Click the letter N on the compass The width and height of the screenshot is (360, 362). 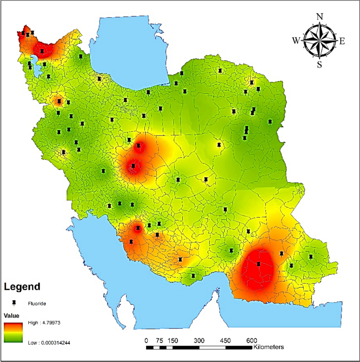click(x=320, y=17)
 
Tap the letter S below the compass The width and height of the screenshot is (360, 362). click(x=319, y=64)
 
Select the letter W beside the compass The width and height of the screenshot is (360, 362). click(x=296, y=40)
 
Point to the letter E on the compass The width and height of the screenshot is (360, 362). click(x=342, y=41)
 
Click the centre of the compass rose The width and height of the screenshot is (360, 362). click(x=319, y=40)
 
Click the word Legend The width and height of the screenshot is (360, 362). click(x=22, y=287)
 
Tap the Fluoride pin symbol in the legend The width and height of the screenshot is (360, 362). click(x=14, y=303)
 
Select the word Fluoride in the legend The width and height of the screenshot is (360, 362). click(x=37, y=304)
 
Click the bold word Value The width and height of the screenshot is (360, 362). click(x=11, y=316)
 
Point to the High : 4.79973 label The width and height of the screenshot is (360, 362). click(x=44, y=323)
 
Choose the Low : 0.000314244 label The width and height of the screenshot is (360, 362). click(x=49, y=343)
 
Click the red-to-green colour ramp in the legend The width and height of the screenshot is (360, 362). click(x=13, y=332)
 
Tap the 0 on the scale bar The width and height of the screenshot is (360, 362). click(x=146, y=341)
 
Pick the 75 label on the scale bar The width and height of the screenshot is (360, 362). click(x=159, y=341)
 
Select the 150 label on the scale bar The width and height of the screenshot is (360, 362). click(x=172, y=341)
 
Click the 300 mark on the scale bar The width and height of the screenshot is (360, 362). click(x=199, y=341)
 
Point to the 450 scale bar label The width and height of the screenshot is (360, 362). click(x=225, y=341)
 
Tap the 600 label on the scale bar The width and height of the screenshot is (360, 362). click(x=252, y=341)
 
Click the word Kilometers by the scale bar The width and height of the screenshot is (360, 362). click(x=268, y=347)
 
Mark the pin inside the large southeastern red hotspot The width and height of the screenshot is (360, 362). click(x=259, y=264)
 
